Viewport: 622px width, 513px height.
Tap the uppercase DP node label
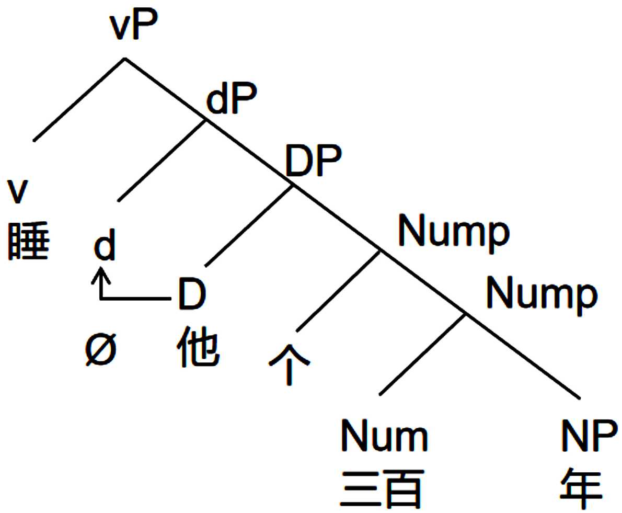click(x=313, y=163)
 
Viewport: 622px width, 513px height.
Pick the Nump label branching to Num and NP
click(x=542, y=294)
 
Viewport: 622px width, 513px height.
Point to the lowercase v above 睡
click(x=19, y=192)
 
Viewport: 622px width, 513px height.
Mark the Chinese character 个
click(x=289, y=365)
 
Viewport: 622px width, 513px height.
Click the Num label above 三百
click(x=384, y=437)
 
